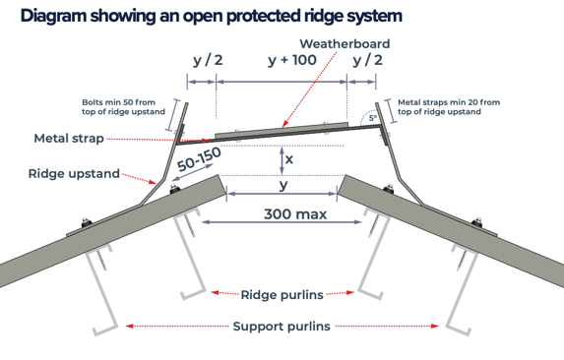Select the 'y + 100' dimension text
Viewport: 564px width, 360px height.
[291, 61]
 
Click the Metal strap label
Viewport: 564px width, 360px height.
[69, 138]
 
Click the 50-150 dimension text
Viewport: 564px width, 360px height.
[200, 159]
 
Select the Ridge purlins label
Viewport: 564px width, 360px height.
[282, 292]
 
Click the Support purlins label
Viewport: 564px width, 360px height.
[282, 326]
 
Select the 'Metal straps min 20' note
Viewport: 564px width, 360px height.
[448, 106]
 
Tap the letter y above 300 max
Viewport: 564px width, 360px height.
[283, 185]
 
